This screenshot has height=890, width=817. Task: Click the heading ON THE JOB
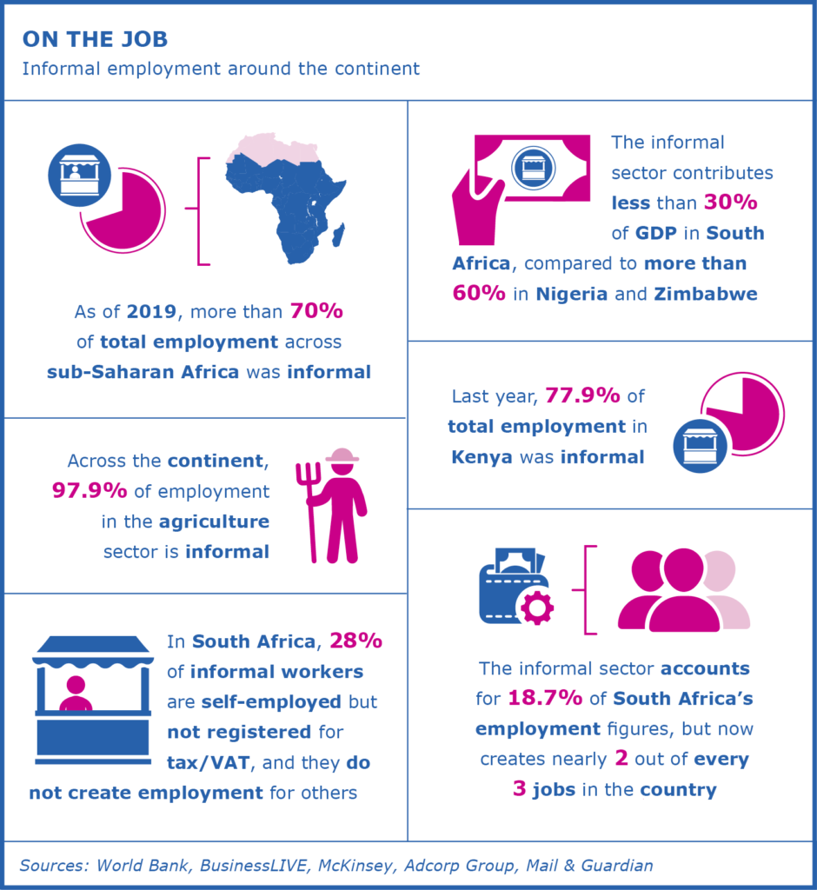click(x=95, y=39)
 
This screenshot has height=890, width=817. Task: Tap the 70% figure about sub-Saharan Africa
click(x=318, y=310)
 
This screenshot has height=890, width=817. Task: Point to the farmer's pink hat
click(x=342, y=455)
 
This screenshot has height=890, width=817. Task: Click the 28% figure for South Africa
click(x=355, y=642)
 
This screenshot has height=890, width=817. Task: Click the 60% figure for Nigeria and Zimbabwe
click(x=479, y=293)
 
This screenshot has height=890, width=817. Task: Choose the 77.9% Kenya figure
click(x=581, y=396)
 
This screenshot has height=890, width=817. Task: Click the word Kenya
click(x=482, y=457)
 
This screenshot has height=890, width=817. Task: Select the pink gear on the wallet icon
click(x=535, y=606)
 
